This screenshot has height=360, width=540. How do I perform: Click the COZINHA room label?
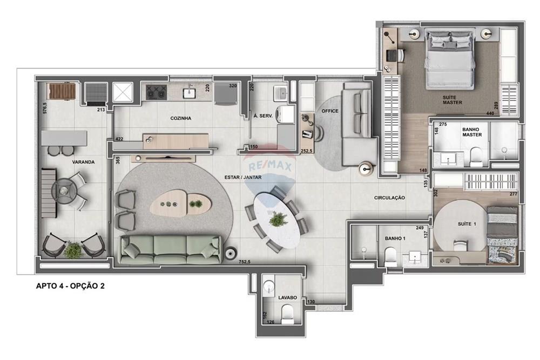(x=181, y=118)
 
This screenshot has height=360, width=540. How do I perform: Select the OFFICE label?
(x=330, y=111)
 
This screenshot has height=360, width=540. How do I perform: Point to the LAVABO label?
(x=288, y=297)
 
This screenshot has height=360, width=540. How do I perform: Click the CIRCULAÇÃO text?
(x=389, y=198)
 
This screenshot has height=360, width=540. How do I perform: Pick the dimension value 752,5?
(x=245, y=261)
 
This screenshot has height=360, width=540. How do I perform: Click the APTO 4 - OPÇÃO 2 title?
(x=70, y=286)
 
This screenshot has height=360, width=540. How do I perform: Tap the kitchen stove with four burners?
(x=156, y=92)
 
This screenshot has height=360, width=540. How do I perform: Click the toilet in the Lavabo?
(x=288, y=312)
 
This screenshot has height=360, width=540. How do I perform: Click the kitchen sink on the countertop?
(x=189, y=93)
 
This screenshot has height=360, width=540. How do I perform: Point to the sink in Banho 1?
(x=415, y=256)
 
